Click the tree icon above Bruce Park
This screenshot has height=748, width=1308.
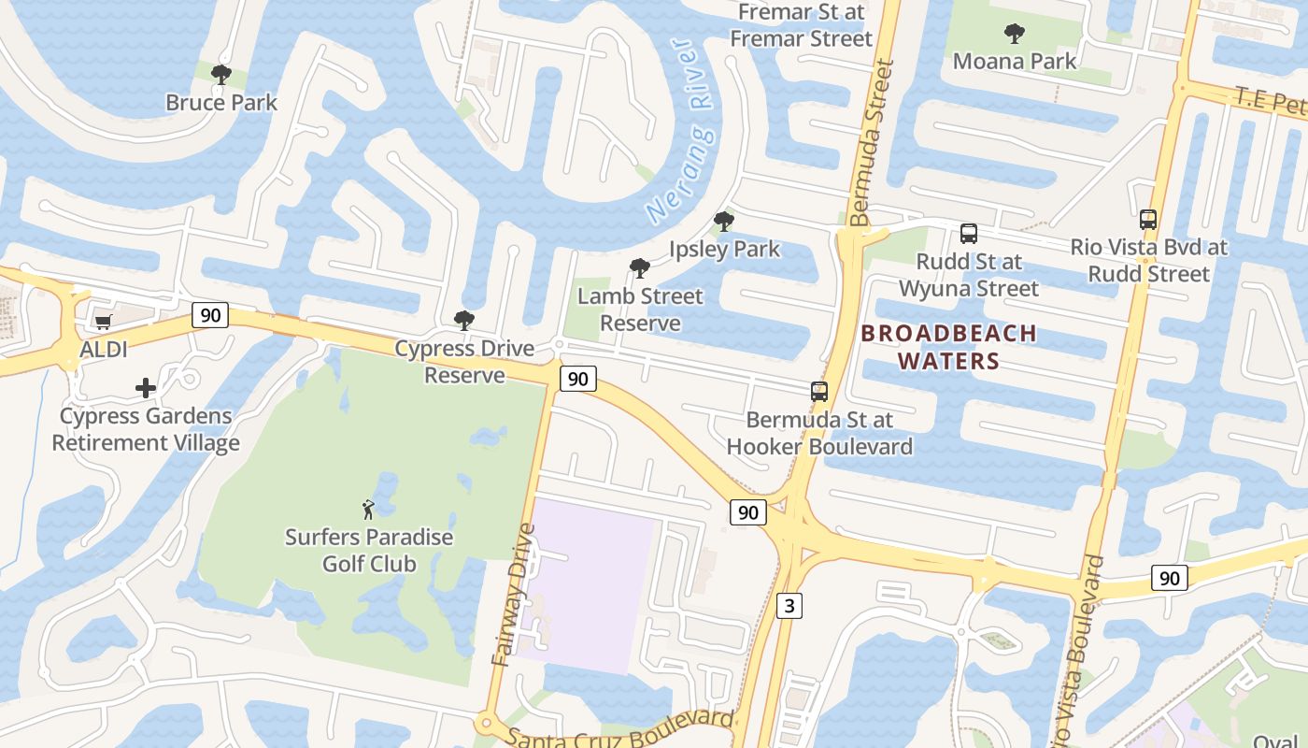[221, 74]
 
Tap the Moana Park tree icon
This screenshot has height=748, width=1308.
[1015, 35]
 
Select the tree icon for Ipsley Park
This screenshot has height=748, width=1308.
[724, 222]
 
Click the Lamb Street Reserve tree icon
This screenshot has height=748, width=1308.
[640, 268]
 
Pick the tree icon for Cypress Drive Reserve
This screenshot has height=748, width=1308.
[464, 321]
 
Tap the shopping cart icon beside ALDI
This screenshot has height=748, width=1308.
[103, 323]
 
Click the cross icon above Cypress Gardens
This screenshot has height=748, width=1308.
[146, 387]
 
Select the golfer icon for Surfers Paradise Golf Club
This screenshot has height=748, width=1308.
[369, 510]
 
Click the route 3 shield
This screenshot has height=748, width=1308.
[789, 606]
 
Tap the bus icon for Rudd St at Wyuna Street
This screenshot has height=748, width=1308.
[969, 234]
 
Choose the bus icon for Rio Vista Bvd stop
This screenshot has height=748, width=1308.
[1148, 220]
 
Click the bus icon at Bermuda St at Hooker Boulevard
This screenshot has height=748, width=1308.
[819, 392]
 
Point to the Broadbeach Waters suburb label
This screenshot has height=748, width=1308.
[948, 346]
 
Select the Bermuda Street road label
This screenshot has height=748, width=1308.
[874, 145]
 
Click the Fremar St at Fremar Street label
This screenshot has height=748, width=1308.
[801, 25]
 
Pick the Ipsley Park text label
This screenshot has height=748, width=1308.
[725, 250]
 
